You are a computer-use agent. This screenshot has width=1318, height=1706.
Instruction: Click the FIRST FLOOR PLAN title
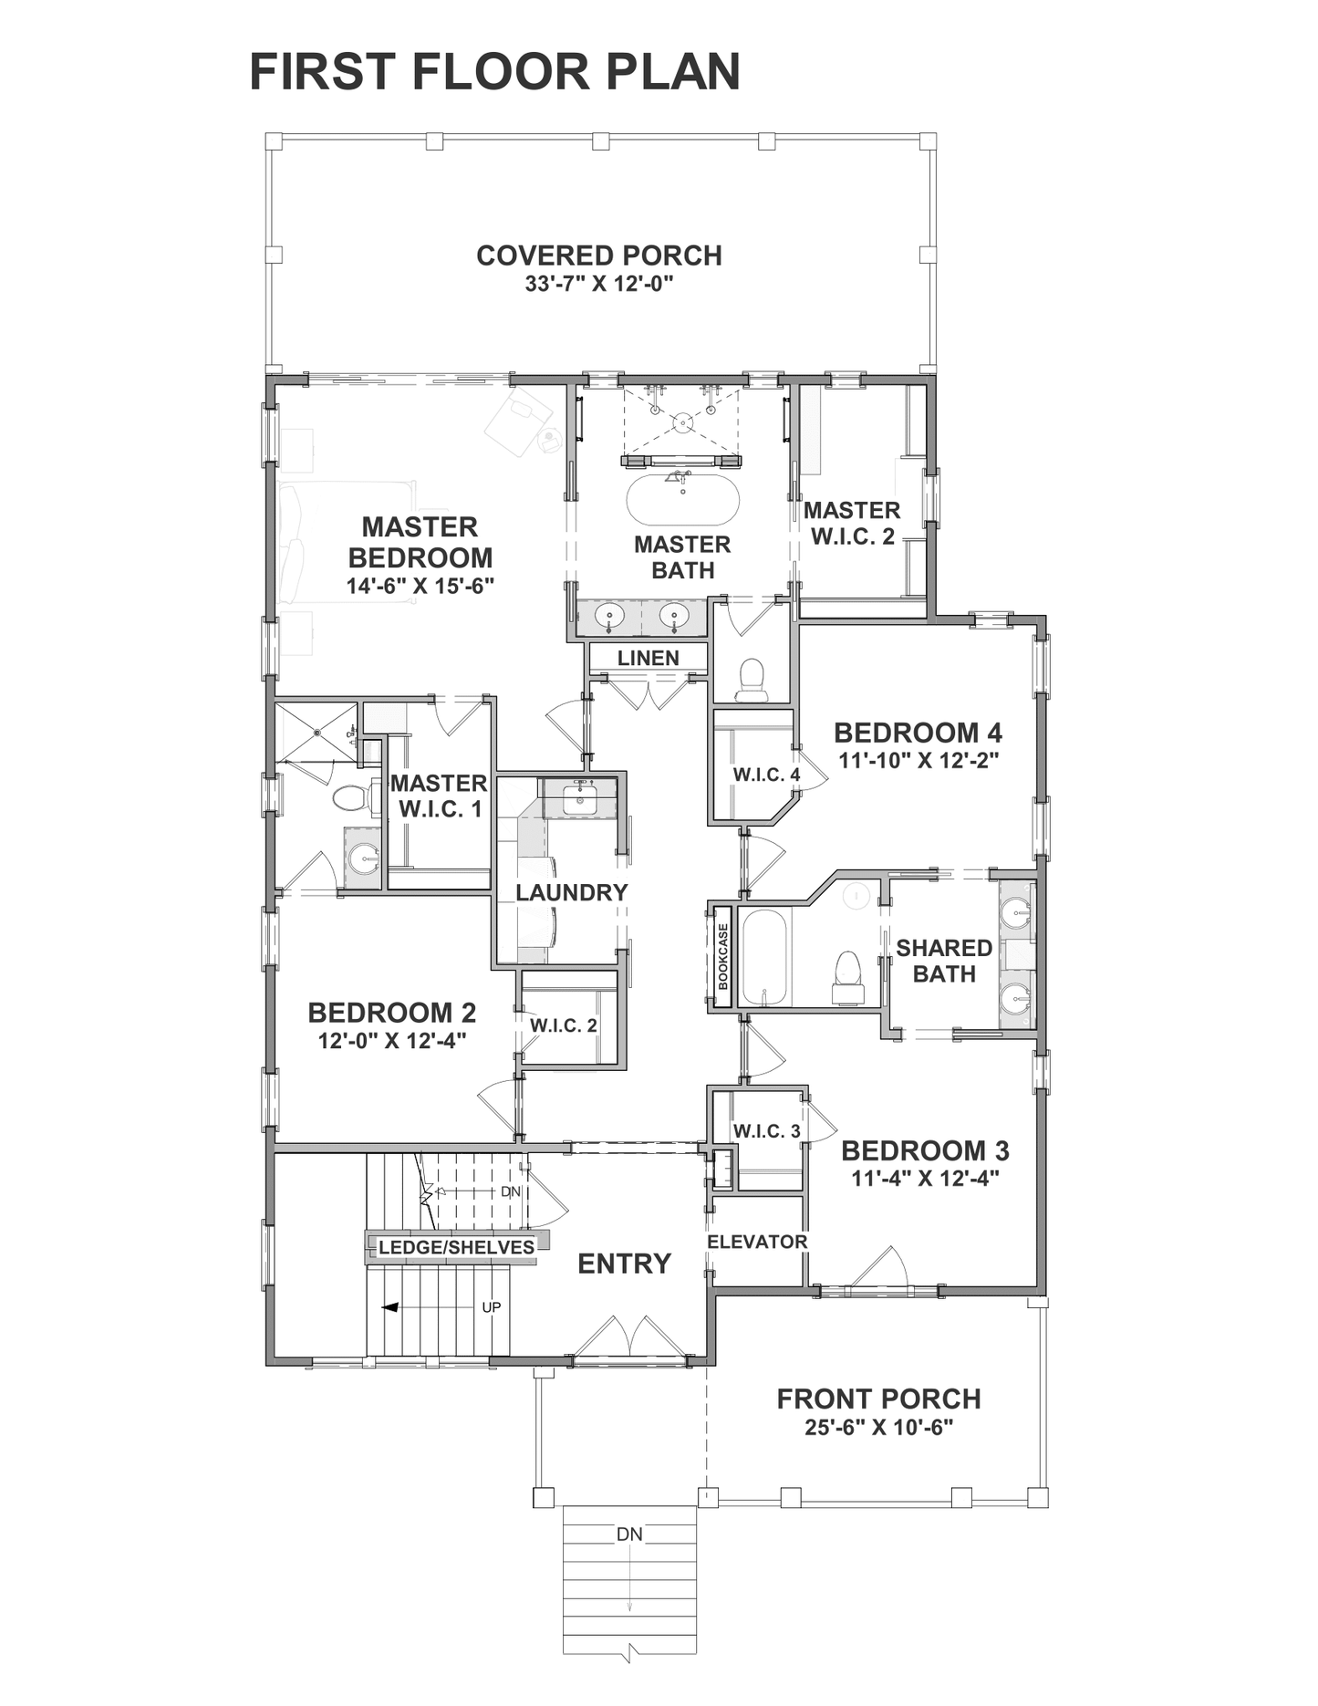click(x=494, y=72)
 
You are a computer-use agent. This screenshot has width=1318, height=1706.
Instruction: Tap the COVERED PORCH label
click(x=599, y=255)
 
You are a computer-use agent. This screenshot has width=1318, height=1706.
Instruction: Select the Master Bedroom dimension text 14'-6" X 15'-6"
click(x=420, y=586)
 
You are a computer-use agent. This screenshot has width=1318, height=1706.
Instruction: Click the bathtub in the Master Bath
click(x=682, y=498)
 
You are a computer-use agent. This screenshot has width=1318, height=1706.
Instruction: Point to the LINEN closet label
click(x=648, y=658)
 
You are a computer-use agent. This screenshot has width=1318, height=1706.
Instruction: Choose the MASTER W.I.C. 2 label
click(x=852, y=524)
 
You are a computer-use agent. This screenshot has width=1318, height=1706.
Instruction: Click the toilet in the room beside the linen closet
click(x=752, y=680)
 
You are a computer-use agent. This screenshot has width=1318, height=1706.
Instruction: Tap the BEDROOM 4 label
click(x=918, y=733)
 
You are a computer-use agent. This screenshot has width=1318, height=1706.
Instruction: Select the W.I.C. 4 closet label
click(x=766, y=775)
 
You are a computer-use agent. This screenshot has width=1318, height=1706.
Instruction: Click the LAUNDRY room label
click(x=572, y=892)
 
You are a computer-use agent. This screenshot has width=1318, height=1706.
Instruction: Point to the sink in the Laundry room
click(x=579, y=801)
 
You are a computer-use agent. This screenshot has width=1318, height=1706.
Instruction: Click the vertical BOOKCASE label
click(x=723, y=957)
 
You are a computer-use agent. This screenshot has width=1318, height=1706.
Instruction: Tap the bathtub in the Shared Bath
click(x=763, y=958)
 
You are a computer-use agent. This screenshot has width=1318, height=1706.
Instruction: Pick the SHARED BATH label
click(x=944, y=962)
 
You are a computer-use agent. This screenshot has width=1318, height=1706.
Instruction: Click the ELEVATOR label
click(x=757, y=1242)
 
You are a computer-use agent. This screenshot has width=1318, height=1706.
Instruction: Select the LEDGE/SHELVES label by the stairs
click(x=456, y=1247)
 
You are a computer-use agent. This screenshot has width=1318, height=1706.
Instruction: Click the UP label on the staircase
click(x=492, y=1307)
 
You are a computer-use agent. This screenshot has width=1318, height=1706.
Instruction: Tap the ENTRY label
click(x=625, y=1264)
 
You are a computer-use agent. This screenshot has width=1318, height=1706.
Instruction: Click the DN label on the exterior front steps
click(x=629, y=1534)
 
